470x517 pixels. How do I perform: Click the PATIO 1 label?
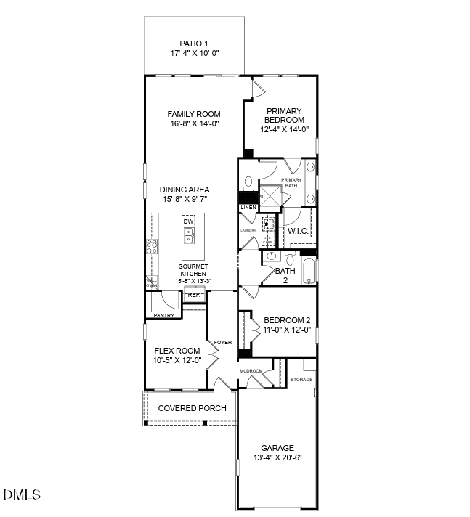[194, 44]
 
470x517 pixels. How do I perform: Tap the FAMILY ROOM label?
[194, 114]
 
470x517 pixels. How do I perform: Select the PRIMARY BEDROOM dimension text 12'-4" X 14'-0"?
[285, 130]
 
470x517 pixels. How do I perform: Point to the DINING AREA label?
[185, 190]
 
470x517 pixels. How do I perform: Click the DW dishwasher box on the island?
[189, 221]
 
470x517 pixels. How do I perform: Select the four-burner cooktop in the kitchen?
[153, 246]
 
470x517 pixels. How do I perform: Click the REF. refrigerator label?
[194, 295]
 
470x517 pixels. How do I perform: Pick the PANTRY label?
[163, 316]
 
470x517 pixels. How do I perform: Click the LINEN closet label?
[248, 208]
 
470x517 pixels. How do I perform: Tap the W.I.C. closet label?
[299, 231]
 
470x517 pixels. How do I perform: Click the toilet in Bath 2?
[289, 259]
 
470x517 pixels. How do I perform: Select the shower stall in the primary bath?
[270, 196]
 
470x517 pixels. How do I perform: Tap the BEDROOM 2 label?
[287, 320]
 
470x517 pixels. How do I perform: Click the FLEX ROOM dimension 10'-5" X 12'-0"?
[177, 361]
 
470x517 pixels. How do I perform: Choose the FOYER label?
[222, 341]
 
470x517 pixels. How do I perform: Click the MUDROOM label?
[251, 372]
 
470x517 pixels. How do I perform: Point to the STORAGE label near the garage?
[301, 380]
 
